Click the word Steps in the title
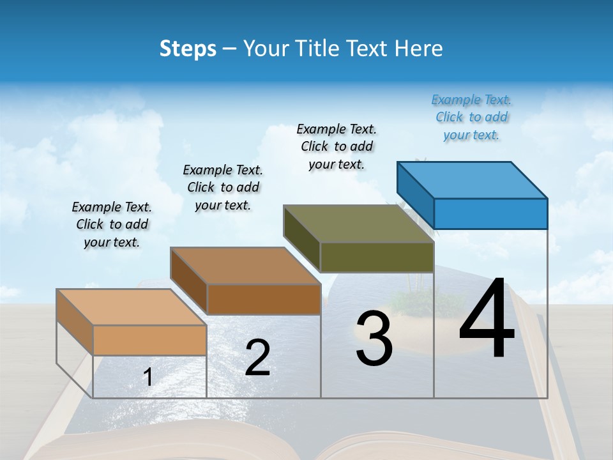click(188, 49)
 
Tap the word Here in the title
click(419, 49)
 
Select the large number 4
click(487, 319)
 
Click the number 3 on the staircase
click(374, 339)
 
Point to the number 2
click(257, 358)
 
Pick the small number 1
click(148, 377)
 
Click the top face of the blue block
click(473, 180)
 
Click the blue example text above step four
click(471, 118)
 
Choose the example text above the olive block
click(337, 147)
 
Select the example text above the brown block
click(223, 187)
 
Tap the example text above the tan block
click(112, 224)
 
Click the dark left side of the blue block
click(415, 194)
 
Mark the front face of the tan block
click(149, 340)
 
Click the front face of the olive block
click(377, 257)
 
